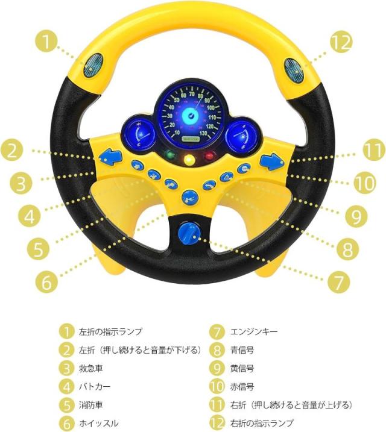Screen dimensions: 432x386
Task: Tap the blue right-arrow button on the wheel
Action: pos(271,161)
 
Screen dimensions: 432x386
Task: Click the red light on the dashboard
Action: pos(209,157)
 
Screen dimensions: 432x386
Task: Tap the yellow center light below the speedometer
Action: pos(190,160)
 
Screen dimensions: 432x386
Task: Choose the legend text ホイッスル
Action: pos(98,423)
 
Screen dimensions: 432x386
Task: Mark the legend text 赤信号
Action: pos(242,386)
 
